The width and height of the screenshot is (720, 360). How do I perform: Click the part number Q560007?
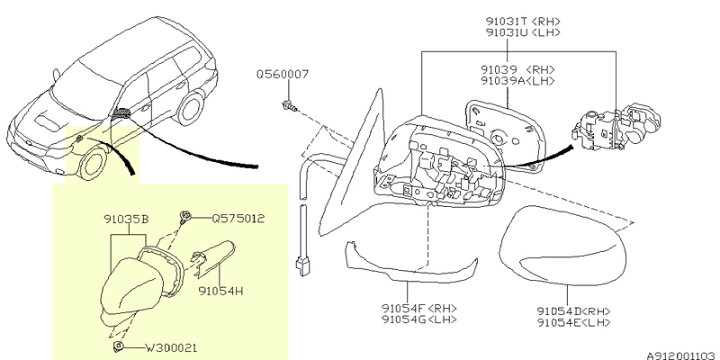click(282, 74)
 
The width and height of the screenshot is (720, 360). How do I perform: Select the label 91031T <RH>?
click(523, 21)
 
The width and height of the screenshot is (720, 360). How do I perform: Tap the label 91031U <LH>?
click(523, 33)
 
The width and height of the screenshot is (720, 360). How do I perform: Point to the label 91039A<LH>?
click(518, 81)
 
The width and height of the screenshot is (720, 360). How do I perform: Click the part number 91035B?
click(126, 219)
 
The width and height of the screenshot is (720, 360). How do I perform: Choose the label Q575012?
click(238, 219)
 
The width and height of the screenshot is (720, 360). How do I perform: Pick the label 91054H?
click(221, 291)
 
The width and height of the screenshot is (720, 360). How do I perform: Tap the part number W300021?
click(171, 348)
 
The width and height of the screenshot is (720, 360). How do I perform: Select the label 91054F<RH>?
click(419, 308)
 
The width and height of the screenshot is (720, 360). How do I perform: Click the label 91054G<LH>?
click(419, 319)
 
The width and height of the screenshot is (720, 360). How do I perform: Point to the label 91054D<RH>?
click(574, 311)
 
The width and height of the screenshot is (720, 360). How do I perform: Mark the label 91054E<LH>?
click(574, 322)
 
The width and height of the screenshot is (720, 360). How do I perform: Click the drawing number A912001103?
click(683, 355)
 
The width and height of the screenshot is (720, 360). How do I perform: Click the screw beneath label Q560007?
click(289, 106)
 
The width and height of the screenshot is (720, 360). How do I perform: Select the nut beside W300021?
click(118, 346)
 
